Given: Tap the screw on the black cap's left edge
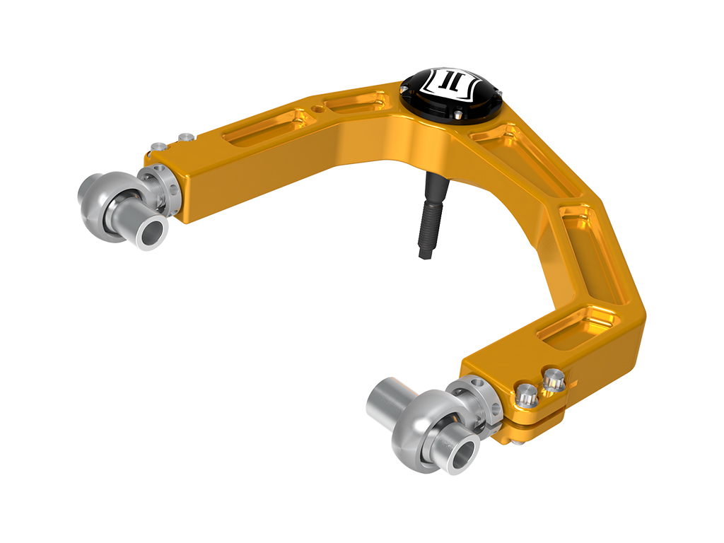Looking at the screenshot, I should [407, 90].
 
